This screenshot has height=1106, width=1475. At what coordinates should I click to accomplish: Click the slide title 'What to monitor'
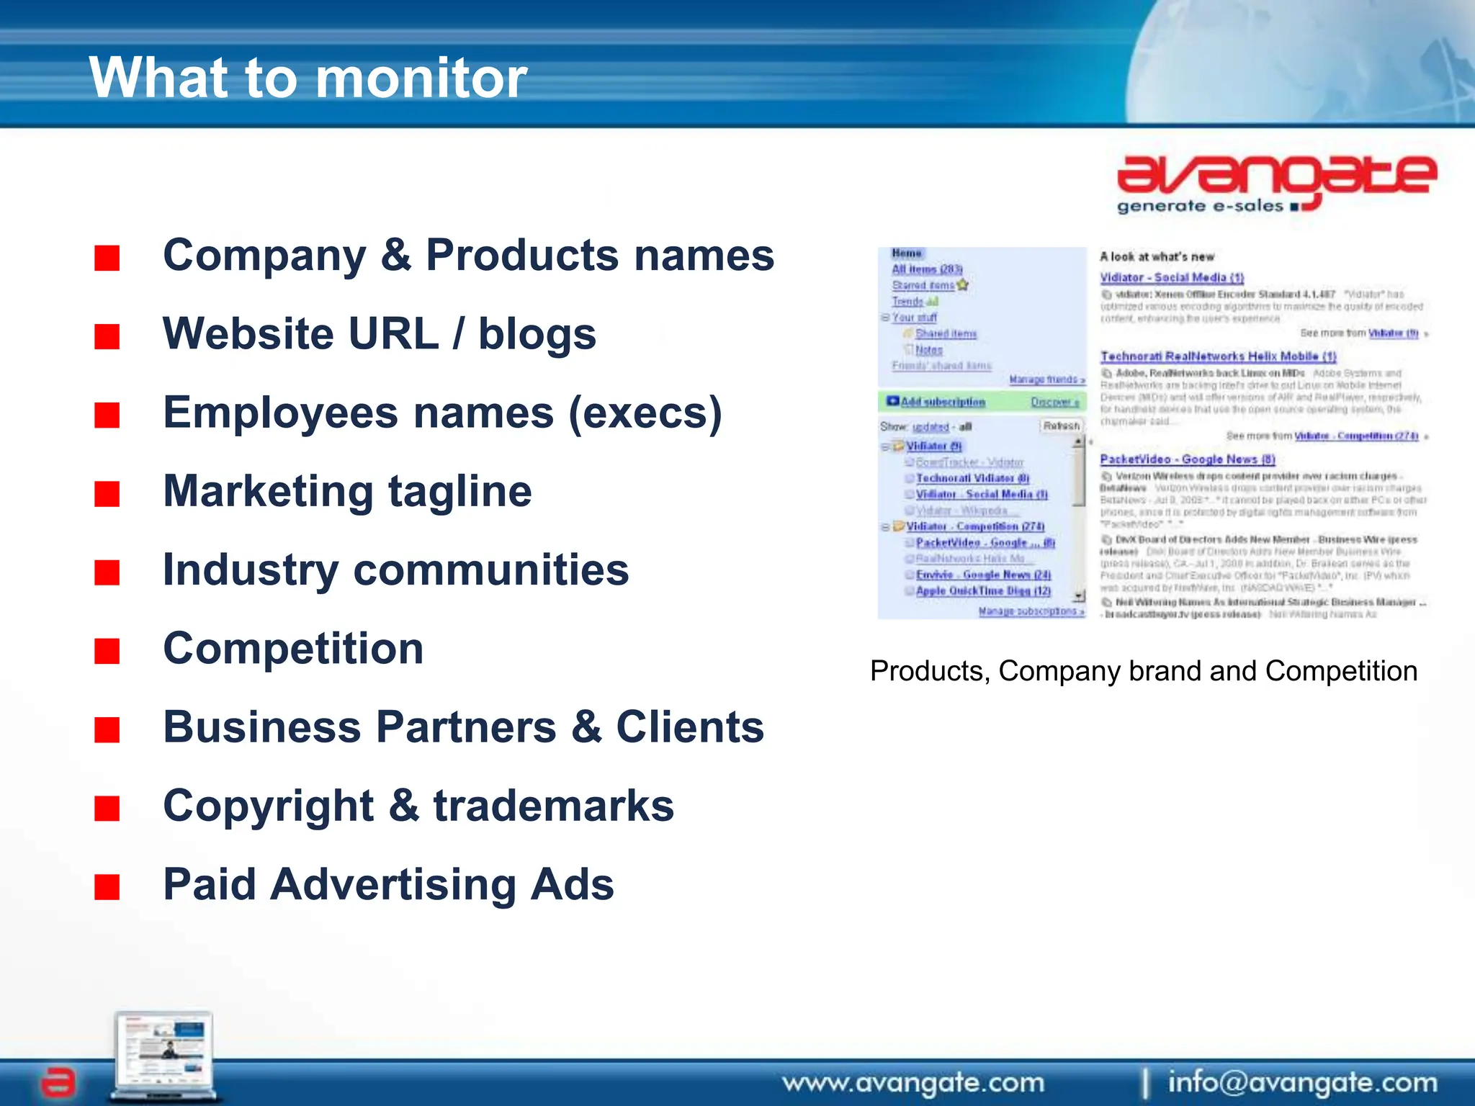308,78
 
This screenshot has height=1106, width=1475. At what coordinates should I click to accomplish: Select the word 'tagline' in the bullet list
459,492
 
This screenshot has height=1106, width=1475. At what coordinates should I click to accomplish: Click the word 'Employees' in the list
281,413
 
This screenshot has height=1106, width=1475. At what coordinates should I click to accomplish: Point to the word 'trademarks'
553,806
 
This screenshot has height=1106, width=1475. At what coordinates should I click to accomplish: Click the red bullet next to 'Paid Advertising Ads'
107,887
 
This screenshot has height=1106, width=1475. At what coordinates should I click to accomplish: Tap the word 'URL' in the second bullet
393,334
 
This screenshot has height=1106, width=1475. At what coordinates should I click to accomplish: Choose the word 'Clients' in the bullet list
689,727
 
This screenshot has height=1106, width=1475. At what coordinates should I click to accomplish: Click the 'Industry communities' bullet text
396,570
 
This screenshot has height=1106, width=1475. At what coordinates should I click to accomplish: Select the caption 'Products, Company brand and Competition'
1144,671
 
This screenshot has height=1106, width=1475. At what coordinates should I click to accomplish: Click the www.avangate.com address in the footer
913,1082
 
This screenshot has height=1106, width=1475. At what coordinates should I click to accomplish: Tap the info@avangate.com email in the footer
1302,1082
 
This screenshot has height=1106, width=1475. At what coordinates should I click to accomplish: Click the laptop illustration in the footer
164,1054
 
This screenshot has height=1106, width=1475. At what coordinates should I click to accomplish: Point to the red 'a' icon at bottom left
58,1082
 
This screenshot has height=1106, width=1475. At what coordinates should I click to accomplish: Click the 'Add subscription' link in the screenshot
942,402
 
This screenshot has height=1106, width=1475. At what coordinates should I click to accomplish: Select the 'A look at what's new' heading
1157,257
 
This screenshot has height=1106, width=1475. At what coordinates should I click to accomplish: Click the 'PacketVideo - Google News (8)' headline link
1187,459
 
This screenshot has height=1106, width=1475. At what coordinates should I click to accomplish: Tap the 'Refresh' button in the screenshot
1062,426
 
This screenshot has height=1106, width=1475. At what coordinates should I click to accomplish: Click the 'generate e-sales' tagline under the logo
1200,207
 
